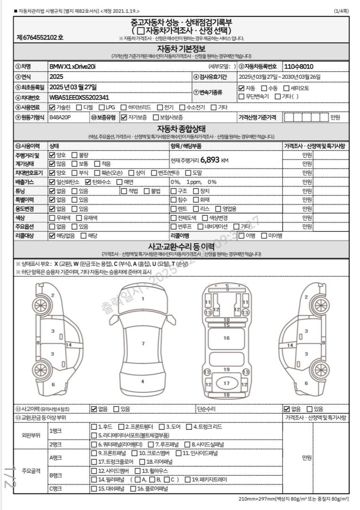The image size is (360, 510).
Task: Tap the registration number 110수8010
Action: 299,67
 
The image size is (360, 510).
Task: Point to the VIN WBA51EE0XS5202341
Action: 79,98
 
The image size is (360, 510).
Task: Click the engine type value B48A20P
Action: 61,117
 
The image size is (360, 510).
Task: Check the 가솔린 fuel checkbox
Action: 52,107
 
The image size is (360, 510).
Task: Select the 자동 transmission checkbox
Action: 241,88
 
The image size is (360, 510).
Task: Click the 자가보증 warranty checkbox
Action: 124,117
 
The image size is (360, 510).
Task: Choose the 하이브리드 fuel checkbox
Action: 124,107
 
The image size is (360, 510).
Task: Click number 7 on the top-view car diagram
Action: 142,343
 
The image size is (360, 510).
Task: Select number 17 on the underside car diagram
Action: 226,383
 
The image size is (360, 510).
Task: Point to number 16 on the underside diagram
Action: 226,338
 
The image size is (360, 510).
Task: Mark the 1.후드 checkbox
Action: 94,427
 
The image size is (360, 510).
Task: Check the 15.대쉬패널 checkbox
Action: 94,489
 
